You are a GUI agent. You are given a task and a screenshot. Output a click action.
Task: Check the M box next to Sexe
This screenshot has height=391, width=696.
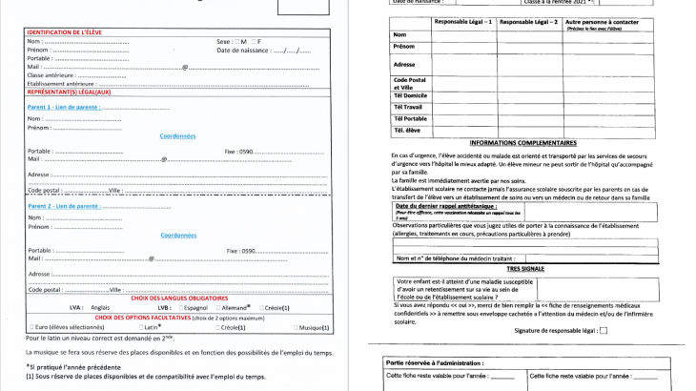[238, 42]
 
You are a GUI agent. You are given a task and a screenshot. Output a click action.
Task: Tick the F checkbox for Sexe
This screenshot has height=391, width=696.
[253, 42]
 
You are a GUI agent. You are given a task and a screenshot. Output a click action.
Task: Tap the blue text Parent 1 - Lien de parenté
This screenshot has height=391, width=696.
[63, 107]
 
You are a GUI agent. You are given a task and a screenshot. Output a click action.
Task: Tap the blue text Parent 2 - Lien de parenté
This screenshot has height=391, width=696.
[63, 205]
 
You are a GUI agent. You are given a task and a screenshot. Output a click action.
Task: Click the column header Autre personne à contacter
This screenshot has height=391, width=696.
[600, 20]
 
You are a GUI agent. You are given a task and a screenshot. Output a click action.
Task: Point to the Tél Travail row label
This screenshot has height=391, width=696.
[409, 106]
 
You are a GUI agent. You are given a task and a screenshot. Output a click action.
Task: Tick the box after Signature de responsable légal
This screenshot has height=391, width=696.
[603, 331]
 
